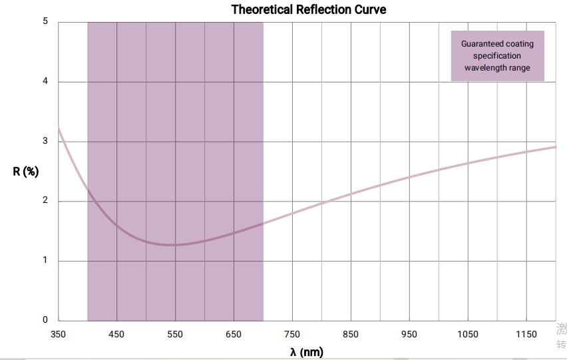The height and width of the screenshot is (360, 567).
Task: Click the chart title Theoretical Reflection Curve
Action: (308, 9)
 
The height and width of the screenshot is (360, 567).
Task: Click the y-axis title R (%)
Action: (26, 171)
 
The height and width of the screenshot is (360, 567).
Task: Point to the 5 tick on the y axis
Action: (45, 21)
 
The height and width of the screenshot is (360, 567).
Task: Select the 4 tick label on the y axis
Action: (45, 81)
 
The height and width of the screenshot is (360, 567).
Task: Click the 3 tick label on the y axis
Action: (45, 141)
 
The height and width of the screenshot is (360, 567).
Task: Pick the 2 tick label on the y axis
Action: (45, 201)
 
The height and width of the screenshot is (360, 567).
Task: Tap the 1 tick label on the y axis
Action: (45, 260)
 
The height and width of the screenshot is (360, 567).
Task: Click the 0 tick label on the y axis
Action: (45, 320)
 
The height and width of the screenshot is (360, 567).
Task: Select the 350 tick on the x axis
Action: (59, 334)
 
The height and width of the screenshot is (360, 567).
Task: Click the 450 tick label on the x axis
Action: (117, 334)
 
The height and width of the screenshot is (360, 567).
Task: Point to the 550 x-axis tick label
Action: (176, 334)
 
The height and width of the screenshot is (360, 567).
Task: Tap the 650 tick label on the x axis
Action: (234, 334)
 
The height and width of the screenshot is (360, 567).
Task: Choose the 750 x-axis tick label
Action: (292, 334)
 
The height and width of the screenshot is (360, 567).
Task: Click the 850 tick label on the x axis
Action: (351, 334)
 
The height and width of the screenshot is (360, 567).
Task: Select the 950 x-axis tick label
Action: (409, 334)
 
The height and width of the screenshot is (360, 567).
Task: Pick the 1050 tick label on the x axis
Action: (468, 334)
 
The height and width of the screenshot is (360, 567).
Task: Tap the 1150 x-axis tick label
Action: (526, 334)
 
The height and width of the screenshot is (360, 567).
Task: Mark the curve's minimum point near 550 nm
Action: (173, 245)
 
